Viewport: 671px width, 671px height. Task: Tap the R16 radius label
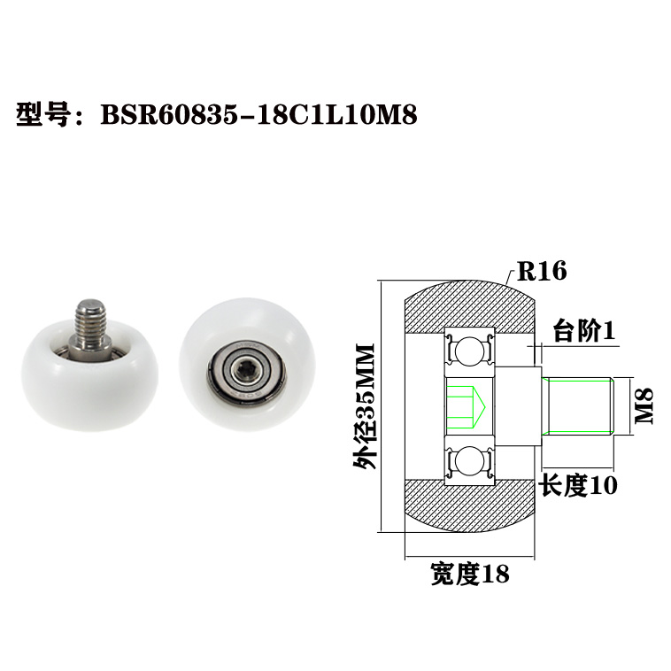[542, 271]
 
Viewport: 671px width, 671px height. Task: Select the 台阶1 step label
[584, 331]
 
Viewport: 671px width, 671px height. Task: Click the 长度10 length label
[578, 485]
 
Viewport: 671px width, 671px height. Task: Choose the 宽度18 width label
[469, 575]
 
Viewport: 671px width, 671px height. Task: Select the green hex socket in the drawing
[462, 405]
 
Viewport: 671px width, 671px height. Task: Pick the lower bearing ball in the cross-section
[468, 461]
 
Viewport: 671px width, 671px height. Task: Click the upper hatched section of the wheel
[469, 305]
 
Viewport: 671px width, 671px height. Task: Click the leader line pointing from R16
[511, 277]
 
